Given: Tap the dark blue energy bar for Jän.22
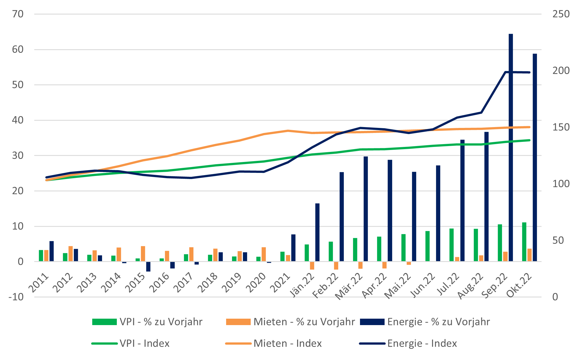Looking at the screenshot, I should click(x=317, y=232).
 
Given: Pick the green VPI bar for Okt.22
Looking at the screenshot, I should click(x=524, y=242).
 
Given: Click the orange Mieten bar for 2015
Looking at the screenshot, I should click(x=143, y=254).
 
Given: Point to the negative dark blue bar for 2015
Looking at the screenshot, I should click(x=148, y=266).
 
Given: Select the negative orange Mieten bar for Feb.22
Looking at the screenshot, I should click(x=336, y=266).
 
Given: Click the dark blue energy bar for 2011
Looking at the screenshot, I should click(x=51, y=251).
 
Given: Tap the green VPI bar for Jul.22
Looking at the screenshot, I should click(x=451, y=245).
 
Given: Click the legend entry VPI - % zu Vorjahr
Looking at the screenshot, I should click(x=147, y=322).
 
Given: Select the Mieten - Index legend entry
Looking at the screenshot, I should click(x=274, y=343).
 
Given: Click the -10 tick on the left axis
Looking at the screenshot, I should click(x=16, y=297).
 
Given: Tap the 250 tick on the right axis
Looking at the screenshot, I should click(x=561, y=14).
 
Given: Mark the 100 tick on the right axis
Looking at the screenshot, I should click(x=561, y=184).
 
